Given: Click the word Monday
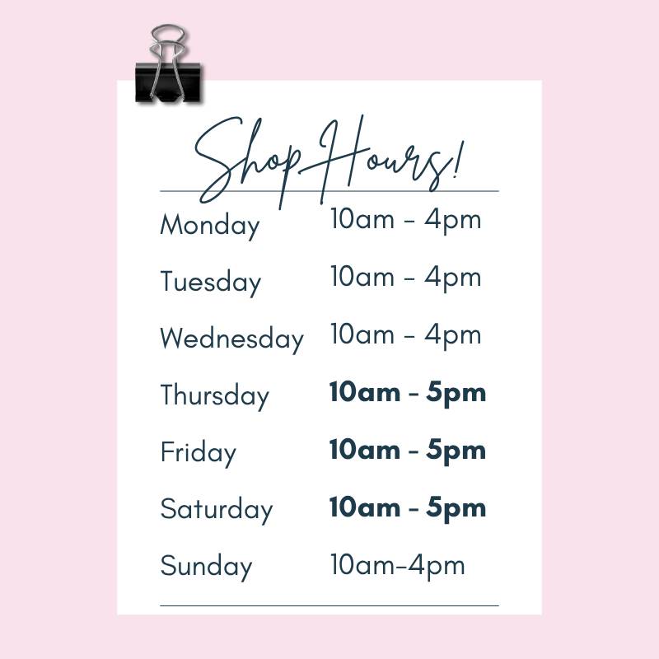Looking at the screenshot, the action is pos(210,225).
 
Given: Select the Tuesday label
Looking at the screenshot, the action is pos(211,282).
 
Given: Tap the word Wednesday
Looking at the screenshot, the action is pos(231,339).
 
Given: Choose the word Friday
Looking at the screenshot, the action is pos(198,452).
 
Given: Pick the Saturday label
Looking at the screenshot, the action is pos(217,509).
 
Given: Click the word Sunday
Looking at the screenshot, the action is pos(206,566).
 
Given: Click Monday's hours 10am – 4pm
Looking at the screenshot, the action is pos(405,220).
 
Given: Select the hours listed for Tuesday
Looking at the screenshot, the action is pos(405,278).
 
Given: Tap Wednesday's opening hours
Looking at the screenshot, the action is pos(405,335).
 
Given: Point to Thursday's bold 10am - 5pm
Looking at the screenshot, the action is pos(408,393).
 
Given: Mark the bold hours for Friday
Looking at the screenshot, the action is pos(408,450).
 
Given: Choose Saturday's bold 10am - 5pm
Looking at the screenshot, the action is pos(408,507).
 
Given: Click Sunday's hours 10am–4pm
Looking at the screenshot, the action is pos(398,565).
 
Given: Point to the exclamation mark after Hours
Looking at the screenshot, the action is pos(458,160).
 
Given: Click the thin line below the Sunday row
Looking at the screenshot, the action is pos(329,606).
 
